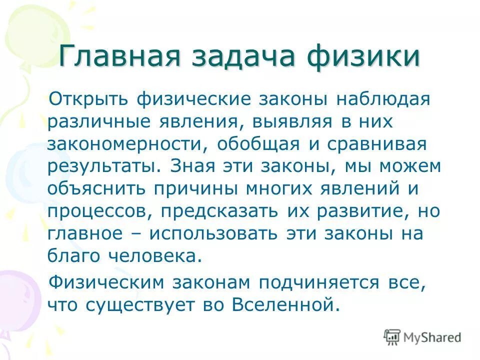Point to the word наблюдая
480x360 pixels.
[382, 98]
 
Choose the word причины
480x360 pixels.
[200, 188]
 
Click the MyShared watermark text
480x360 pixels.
[432, 337]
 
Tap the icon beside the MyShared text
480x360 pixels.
[393, 337]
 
